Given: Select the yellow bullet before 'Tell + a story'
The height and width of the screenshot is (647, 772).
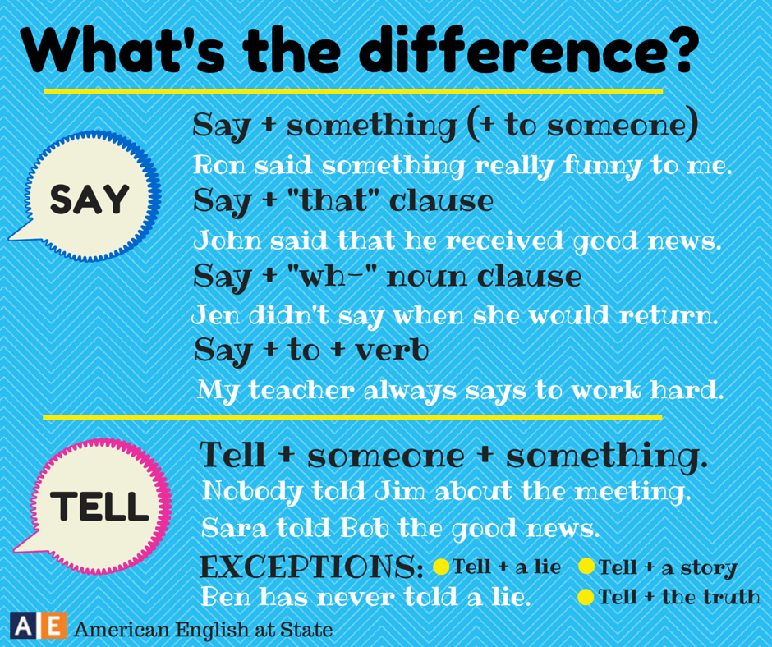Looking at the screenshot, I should click(x=586, y=567).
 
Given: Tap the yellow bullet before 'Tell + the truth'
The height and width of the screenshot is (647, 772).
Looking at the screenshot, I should click(x=586, y=597).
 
